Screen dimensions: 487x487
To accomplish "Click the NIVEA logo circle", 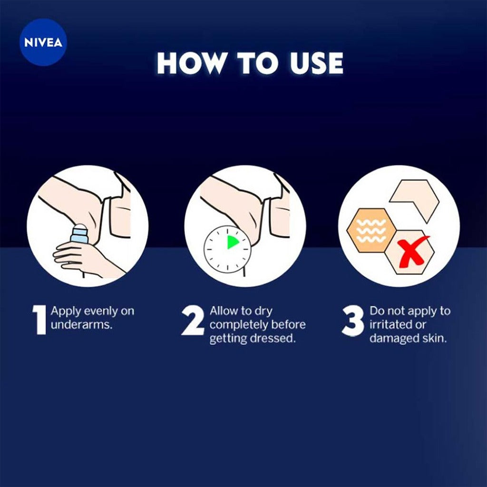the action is click(x=43, y=42).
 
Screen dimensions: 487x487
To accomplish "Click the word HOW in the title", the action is click(x=190, y=63).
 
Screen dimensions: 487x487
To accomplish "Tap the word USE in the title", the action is click(x=316, y=63).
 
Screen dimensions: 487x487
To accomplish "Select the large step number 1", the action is click(x=40, y=320).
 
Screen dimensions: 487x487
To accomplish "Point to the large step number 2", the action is click(x=193, y=321).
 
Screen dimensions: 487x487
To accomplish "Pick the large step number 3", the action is click(x=353, y=321).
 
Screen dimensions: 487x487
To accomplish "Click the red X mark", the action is click(x=412, y=252).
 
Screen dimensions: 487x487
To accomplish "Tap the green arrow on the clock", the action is click(x=233, y=242).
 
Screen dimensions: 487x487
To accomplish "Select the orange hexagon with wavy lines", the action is click(x=371, y=230).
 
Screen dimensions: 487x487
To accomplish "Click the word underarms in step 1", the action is click(x=81, y=325).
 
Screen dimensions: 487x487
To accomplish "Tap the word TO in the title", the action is click(x=257, y=63).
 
